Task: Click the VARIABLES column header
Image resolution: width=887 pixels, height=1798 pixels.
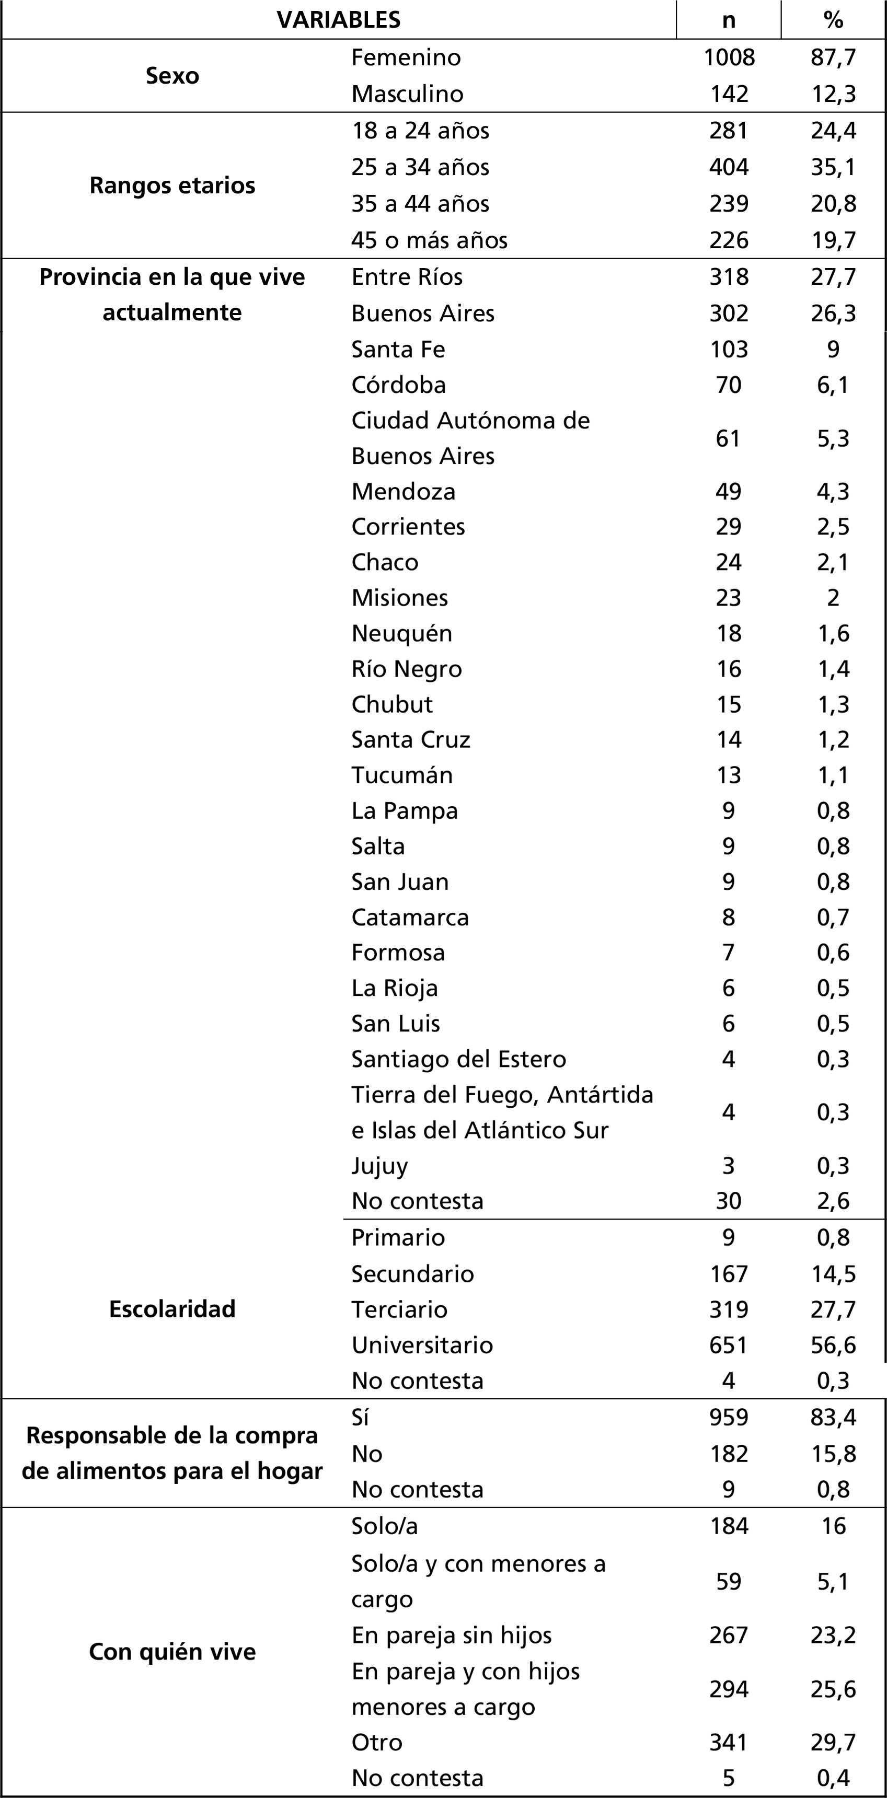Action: pyautogui.click(x=339, y=19)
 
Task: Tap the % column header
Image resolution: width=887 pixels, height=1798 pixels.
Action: pyautogui.click(x=833, y=19)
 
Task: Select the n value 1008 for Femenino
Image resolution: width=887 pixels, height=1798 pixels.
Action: pyautogui.click(x=729, y=57)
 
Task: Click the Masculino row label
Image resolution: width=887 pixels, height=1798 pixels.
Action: pyautogui.click(x=407, y=94)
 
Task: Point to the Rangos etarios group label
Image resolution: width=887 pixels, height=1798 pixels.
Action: pyautogui.click(x=172, y=185)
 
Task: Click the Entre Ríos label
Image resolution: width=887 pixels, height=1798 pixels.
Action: pyautogui.click(x=407, y=277)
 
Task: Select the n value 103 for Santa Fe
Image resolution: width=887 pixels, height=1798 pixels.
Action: pyautogui.click(x=729, y=349)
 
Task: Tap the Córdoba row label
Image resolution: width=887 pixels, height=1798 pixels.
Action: pyautogui.click(x=398, y=385)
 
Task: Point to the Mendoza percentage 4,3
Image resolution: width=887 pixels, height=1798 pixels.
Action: pyautogui.click(x=833, y=491)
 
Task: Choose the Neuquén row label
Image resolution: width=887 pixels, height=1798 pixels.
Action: pyautogui.click(x=401, y=633)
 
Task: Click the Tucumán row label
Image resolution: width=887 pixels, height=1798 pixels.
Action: pyautogui.click(x=401, y=775)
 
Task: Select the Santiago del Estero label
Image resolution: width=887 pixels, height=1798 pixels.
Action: pyautogui.click(x=458, y=1059)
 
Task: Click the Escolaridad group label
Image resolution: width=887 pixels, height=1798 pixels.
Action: pyautogui.click(x=172, y=1309)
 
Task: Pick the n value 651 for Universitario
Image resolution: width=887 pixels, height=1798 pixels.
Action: pyautogui.click(x=729, y=1345)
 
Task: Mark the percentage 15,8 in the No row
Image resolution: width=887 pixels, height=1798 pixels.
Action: pyautogui.click(x=833, y=1454)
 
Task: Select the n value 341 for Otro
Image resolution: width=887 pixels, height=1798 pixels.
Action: pyautogui.click(x=729, y=1742)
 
